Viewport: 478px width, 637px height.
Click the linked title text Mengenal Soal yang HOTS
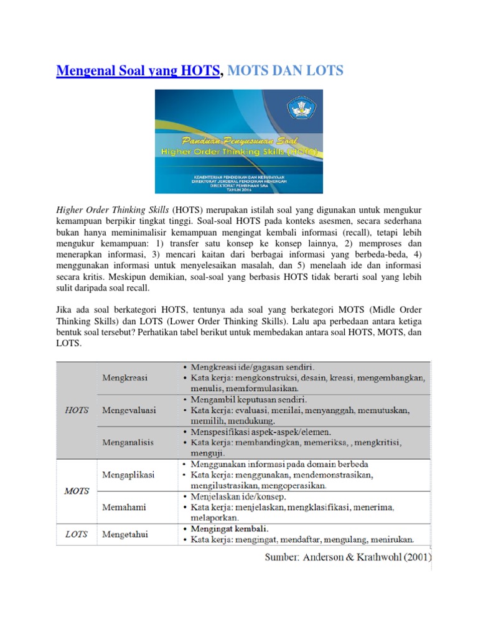[x=138, y=71]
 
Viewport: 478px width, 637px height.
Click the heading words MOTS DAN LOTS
[x=285, y=71]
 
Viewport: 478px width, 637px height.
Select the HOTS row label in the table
[x=77, y=410]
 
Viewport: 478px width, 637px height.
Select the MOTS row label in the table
[x=77, y=491]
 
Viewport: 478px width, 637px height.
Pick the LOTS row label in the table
[x=77, y=534]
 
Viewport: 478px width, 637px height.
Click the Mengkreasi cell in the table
[x=124, y=378]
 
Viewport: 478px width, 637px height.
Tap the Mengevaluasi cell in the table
[x=129, y=411]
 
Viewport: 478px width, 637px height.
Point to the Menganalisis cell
[x=128, y=442]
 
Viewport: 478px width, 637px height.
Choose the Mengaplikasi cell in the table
[x=128, y=475]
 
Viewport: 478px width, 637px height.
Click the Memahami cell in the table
[x=124, y=507]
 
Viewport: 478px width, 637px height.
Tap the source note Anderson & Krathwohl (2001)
[x=348, y=557]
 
